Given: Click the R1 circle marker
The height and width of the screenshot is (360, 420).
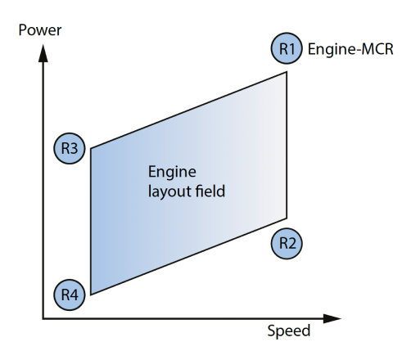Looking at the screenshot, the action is [287, 48].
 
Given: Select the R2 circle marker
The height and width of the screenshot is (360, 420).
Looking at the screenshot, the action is [287, 243].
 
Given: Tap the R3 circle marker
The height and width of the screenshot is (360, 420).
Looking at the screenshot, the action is [70, 148].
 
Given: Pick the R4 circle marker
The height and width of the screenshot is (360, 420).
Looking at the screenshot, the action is [70, 295].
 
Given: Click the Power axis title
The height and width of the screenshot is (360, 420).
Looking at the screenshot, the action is [40, 30].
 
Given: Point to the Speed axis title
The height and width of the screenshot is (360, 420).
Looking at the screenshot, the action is [289, 331].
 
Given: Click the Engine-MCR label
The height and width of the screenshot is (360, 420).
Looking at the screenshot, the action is [350, 49].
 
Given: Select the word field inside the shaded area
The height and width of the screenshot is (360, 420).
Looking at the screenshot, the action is [210, 191].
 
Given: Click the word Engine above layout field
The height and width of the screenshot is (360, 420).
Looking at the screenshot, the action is [172, 173].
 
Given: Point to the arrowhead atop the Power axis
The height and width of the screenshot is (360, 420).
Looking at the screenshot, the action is [43, 53].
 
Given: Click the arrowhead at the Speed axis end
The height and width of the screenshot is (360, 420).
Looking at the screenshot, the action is [332, 318].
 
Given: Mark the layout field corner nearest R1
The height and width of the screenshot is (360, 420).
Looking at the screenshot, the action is [287, 72].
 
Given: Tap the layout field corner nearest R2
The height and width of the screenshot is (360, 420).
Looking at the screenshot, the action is [287, 218].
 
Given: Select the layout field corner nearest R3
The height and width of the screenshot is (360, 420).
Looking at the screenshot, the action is [91, 149].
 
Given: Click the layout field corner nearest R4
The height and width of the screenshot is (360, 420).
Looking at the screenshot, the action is [91, 295].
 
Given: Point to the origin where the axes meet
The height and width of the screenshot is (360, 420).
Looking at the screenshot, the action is [43, 318].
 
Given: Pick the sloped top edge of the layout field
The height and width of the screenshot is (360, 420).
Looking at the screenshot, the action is [188, 110].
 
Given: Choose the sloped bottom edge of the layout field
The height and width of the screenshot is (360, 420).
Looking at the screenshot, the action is [188, 256].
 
